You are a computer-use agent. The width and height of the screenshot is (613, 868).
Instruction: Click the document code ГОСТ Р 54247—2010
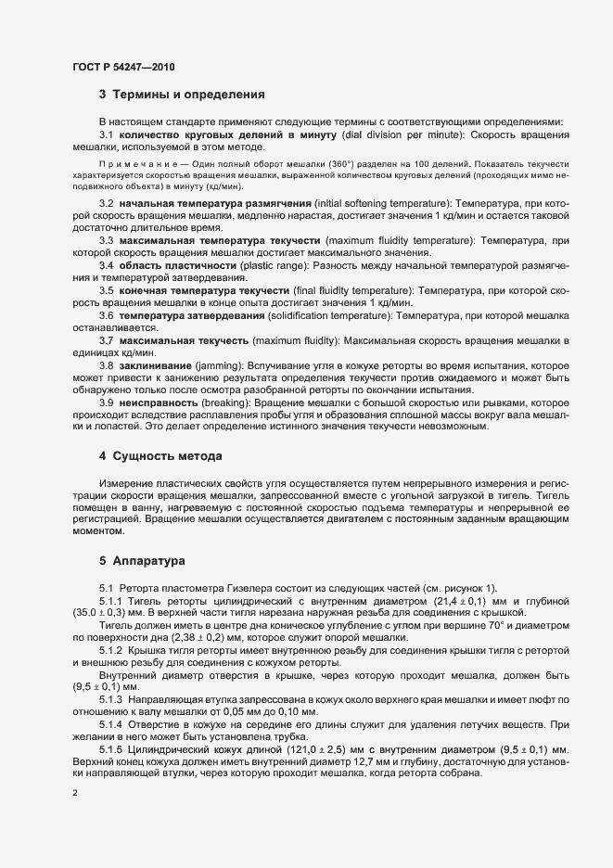(123, 68)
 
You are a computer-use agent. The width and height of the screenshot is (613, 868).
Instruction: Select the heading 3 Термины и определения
(183, 95)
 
